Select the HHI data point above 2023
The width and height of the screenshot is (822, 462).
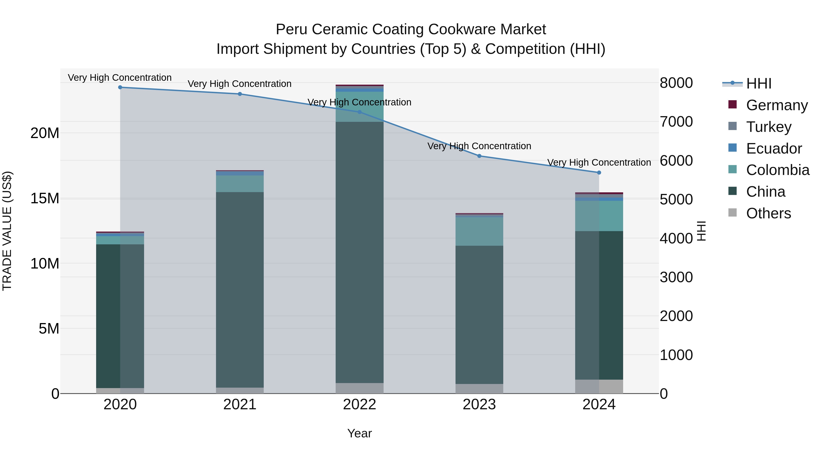point(479,156)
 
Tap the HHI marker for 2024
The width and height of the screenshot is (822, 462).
point(599,172)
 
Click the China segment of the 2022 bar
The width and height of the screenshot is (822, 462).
point(360,252)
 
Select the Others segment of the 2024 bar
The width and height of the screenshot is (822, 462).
point(599,386)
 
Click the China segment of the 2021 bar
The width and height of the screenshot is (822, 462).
point(240,290)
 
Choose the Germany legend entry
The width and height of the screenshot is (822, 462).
point(777,105)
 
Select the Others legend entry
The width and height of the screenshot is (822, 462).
point(768,213)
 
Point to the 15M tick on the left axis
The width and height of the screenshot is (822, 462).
point(45,198)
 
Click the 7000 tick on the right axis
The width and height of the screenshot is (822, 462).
point(676,122)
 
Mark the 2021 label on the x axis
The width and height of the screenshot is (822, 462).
point(240,405)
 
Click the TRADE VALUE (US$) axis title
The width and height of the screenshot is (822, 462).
point(7,231)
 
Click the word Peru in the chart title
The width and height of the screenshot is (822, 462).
point(292,30)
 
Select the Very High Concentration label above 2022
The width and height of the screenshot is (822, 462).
point(359,102)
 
